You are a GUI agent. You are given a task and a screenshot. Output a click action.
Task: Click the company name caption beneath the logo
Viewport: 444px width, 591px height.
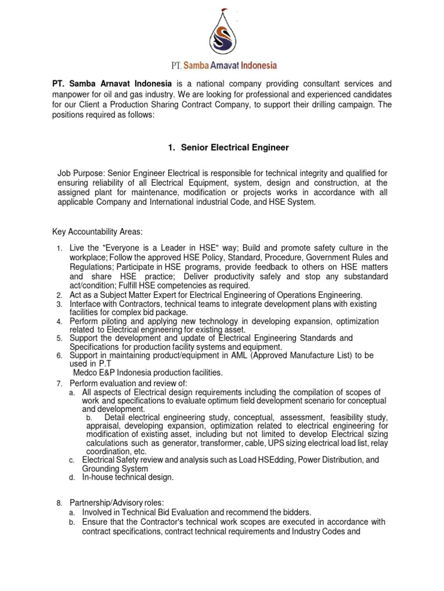pyautogui.click(x=221, y=66)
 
